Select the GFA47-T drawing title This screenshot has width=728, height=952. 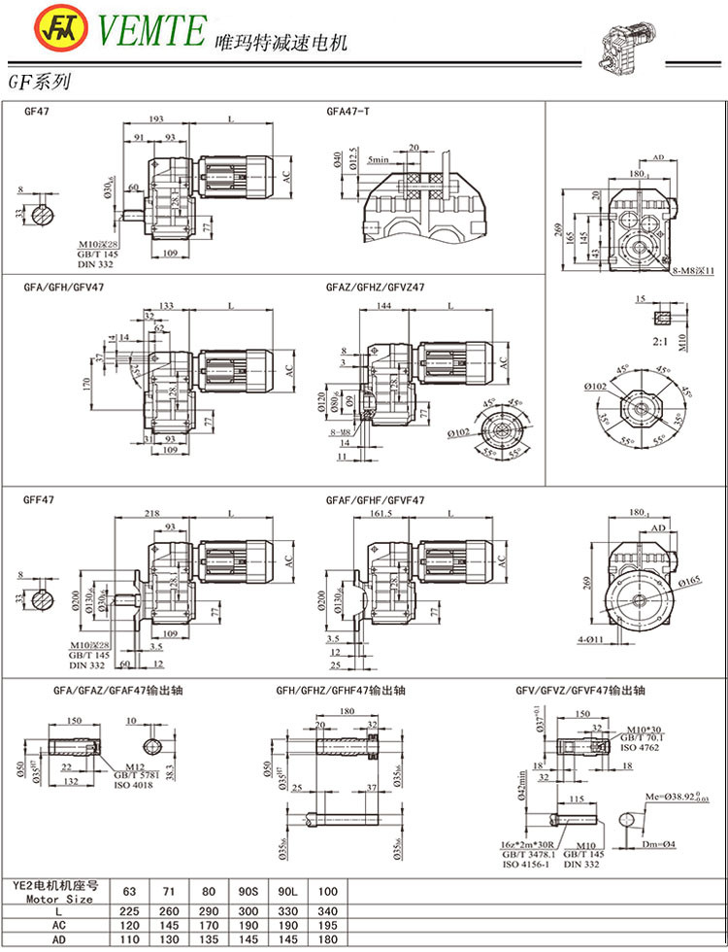pyautogui.click(x=347, y=112)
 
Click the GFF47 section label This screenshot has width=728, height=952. pyautogui.click(x=39, y=500)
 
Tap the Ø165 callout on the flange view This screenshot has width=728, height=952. pyautogui.click(x=690, y=582)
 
